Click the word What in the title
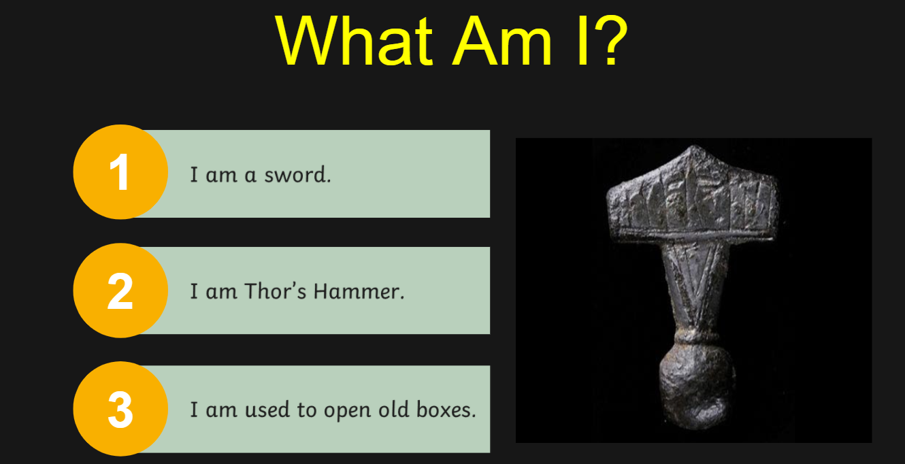pos(355,40)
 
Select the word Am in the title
pos(501,40)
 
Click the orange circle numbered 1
pos(120,172)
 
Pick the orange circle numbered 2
pos(120,291)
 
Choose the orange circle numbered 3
pos(120,409)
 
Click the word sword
pos(298,176)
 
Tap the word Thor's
pos(276,291)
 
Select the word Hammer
pos(359,291)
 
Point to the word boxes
pos(446,410)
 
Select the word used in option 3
pos(267,410)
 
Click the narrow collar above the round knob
pos(695,337)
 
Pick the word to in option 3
pos(307,410)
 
